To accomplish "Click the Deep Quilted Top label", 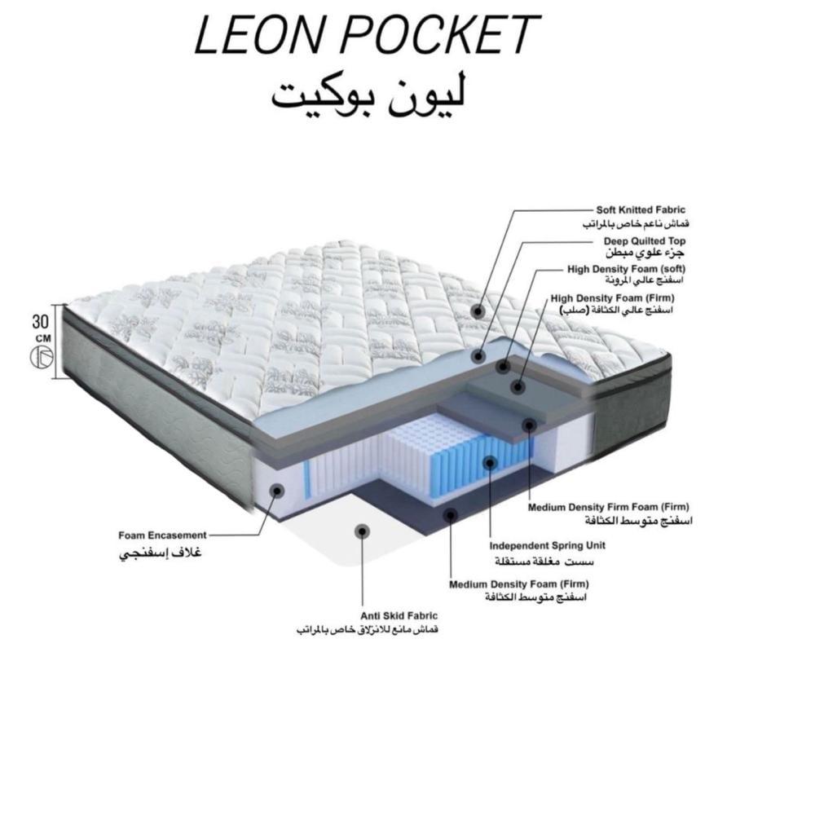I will (x=644, y=241).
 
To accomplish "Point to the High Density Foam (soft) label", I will (x=624, y=268).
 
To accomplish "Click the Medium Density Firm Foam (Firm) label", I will (x=610, y=507).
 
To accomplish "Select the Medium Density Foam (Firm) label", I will (x=519, y=584).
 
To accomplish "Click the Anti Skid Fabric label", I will (x=399, y=616).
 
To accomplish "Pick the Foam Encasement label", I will (x=163, y=535).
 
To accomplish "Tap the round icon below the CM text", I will (x=42, y=357).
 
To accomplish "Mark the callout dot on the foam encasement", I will (x=277, y=491).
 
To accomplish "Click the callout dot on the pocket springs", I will (x=489, y=462).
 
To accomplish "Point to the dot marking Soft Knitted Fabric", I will (x=478, y=311).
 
